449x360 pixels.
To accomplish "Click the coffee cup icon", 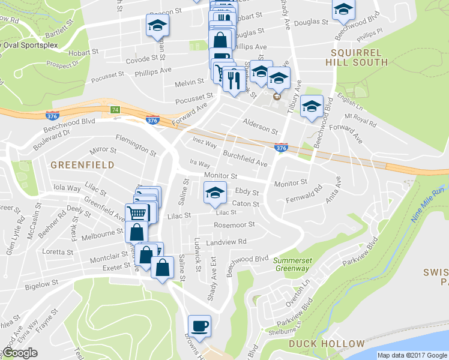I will (x=200, y=326).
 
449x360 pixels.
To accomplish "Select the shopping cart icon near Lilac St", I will (x=137, y=213).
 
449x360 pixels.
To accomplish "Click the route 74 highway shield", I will (x=115, y=110).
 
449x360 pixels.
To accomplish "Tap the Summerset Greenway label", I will (x=291, y=264).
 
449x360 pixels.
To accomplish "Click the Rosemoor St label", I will (x=235, y=225).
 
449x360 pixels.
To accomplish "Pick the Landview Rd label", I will (x=226, y=242).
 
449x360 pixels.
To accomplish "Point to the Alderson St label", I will (x=260, y=127).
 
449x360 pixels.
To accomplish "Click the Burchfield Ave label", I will (x=245, y=158).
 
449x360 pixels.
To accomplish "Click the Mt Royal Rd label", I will (x=360, y=119).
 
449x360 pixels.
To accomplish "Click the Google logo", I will (x=20, y=353).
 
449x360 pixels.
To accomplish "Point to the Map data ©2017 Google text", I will (x=412, y=355).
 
